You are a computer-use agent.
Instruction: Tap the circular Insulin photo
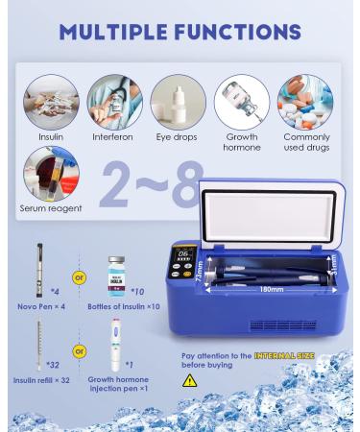(51, 103)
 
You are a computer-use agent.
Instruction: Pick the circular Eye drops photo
(179, 103)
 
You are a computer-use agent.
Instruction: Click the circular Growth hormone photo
(242, 103)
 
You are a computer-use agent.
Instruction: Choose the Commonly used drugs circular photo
(305, 103)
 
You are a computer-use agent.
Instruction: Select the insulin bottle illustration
(116, 274)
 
